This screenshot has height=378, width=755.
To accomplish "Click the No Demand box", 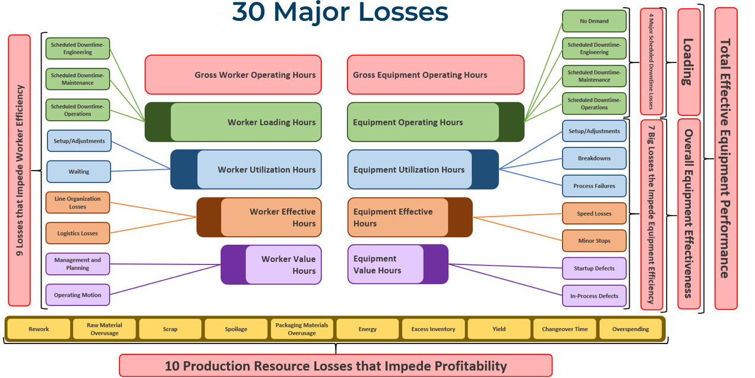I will click(x=594, y=21).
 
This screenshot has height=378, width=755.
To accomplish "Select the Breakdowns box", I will click(x=594, y=159).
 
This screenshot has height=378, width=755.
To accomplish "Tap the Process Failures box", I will click(x=594, y=186).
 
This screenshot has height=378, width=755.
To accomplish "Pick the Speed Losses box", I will click(x=594, y=213).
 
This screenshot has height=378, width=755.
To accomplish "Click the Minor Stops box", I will click(x=594, y=241).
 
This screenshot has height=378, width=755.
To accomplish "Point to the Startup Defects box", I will click(x=594, y=268).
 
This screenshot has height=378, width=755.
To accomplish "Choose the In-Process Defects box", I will click(x=594, y=295).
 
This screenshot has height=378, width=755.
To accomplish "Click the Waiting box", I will click(x=78, y=172).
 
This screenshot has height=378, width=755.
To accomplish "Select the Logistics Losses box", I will click(x=78, y=233).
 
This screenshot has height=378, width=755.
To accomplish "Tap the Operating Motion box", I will click(x=78, y=295).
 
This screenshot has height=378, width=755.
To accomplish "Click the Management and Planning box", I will click(x=78, y=264).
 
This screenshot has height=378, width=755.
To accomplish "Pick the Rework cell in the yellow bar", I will click(x=39, y=329).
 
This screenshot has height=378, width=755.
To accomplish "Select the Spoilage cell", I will click(x=236, y=329).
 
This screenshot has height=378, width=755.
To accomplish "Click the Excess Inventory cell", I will click(x=433, y=329).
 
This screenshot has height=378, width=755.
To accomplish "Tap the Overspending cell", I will click(x=630, y=329).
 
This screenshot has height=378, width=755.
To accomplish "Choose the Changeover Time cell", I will click(x=564, y=329).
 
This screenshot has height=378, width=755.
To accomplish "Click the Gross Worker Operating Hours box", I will click(x=233, y=75).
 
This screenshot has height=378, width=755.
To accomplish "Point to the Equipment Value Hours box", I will click(x=397, y=264).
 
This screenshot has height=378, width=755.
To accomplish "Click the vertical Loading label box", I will click(x=688, y=62).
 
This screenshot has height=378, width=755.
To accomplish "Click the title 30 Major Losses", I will click(x=340, y=12).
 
